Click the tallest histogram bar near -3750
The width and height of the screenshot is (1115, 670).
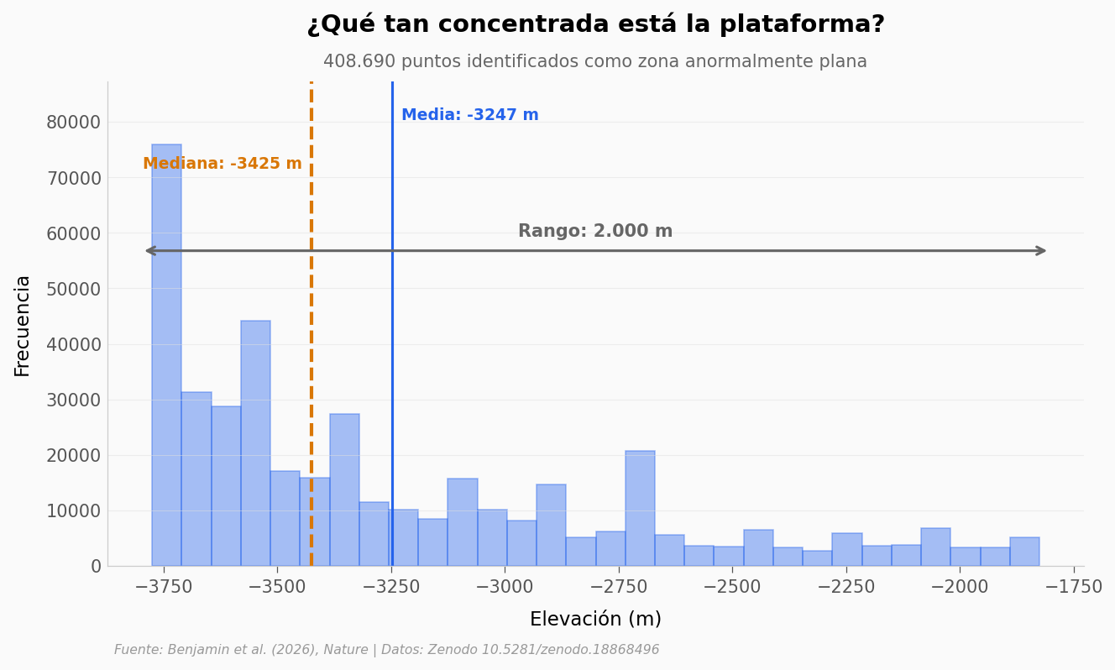(166, 353)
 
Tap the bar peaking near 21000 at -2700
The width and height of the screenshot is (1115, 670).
(640, 508)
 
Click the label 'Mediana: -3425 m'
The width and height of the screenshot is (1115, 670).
(222, 164)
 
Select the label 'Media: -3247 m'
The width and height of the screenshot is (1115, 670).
(469, 115)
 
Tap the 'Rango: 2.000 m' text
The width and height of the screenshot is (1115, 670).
(594, 232)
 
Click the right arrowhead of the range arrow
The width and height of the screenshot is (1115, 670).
(1042, 250)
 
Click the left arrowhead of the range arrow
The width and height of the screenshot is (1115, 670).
(150, 250)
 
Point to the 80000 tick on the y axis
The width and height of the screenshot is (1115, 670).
(73, 123)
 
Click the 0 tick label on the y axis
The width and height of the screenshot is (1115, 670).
(96, 567)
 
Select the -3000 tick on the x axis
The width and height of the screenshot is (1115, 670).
(505, 587)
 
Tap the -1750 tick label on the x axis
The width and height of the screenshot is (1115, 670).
(1073, 587)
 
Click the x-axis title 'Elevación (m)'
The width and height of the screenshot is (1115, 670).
(595, 620)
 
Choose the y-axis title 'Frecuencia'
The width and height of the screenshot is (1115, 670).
(23, 325)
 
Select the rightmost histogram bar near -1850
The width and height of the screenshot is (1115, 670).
(1024, 552)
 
